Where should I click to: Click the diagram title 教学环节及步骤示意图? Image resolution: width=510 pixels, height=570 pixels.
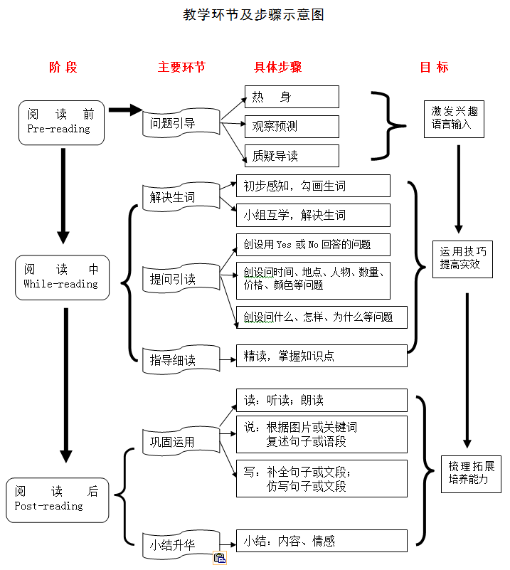(253, 14)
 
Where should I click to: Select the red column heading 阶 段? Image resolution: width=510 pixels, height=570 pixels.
(63, 68)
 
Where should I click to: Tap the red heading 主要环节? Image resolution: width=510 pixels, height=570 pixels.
(181, 68)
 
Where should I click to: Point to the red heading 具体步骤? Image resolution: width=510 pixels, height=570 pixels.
(278, 68)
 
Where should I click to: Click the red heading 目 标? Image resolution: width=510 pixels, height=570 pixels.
(434, 68)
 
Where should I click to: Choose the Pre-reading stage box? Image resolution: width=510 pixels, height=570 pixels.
(61, 123)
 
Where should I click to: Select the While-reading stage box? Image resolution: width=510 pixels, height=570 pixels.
(62, 278)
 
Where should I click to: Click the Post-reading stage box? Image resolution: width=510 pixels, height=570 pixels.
(58, 500)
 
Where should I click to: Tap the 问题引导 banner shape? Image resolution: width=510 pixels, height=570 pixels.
(181, 123)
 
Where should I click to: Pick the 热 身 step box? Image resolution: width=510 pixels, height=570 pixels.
(292, 97)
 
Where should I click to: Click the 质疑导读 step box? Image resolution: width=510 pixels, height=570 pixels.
(292, 156)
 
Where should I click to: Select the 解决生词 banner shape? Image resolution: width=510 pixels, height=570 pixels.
(181, 197)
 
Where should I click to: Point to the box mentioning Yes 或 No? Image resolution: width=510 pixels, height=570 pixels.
(313, 245)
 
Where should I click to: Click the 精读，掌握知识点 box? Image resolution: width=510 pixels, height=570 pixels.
(322, 356)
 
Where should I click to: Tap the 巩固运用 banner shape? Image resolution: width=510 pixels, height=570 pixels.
(181, 441)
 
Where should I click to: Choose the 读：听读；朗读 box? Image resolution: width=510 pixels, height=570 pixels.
(322, 400)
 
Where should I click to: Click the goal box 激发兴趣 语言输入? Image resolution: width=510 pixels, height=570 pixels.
(454, 120)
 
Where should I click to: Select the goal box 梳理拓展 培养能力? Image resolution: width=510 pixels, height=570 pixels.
(471, 475)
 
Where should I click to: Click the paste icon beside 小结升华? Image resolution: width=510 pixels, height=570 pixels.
(220, 558)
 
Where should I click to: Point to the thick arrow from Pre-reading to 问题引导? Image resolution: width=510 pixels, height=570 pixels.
(125, 110)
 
